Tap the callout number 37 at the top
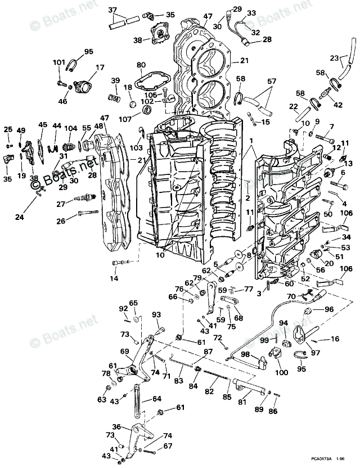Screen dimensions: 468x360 click(x=112, y=10)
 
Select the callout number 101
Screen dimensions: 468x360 click(x=59, y=62)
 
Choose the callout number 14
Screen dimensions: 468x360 click(x=114, y=278)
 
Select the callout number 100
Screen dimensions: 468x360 click(x=281, y=372)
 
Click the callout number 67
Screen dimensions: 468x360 click(x=168, y=445)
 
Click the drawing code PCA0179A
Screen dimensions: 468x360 click(x=318, y=460)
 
